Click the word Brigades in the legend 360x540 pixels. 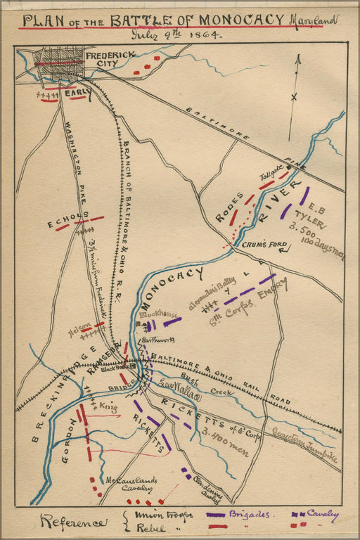coord(249,515)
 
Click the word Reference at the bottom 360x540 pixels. coord(74,522)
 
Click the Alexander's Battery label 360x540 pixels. coord(211,293)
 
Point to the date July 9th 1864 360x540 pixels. coord(175,34)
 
